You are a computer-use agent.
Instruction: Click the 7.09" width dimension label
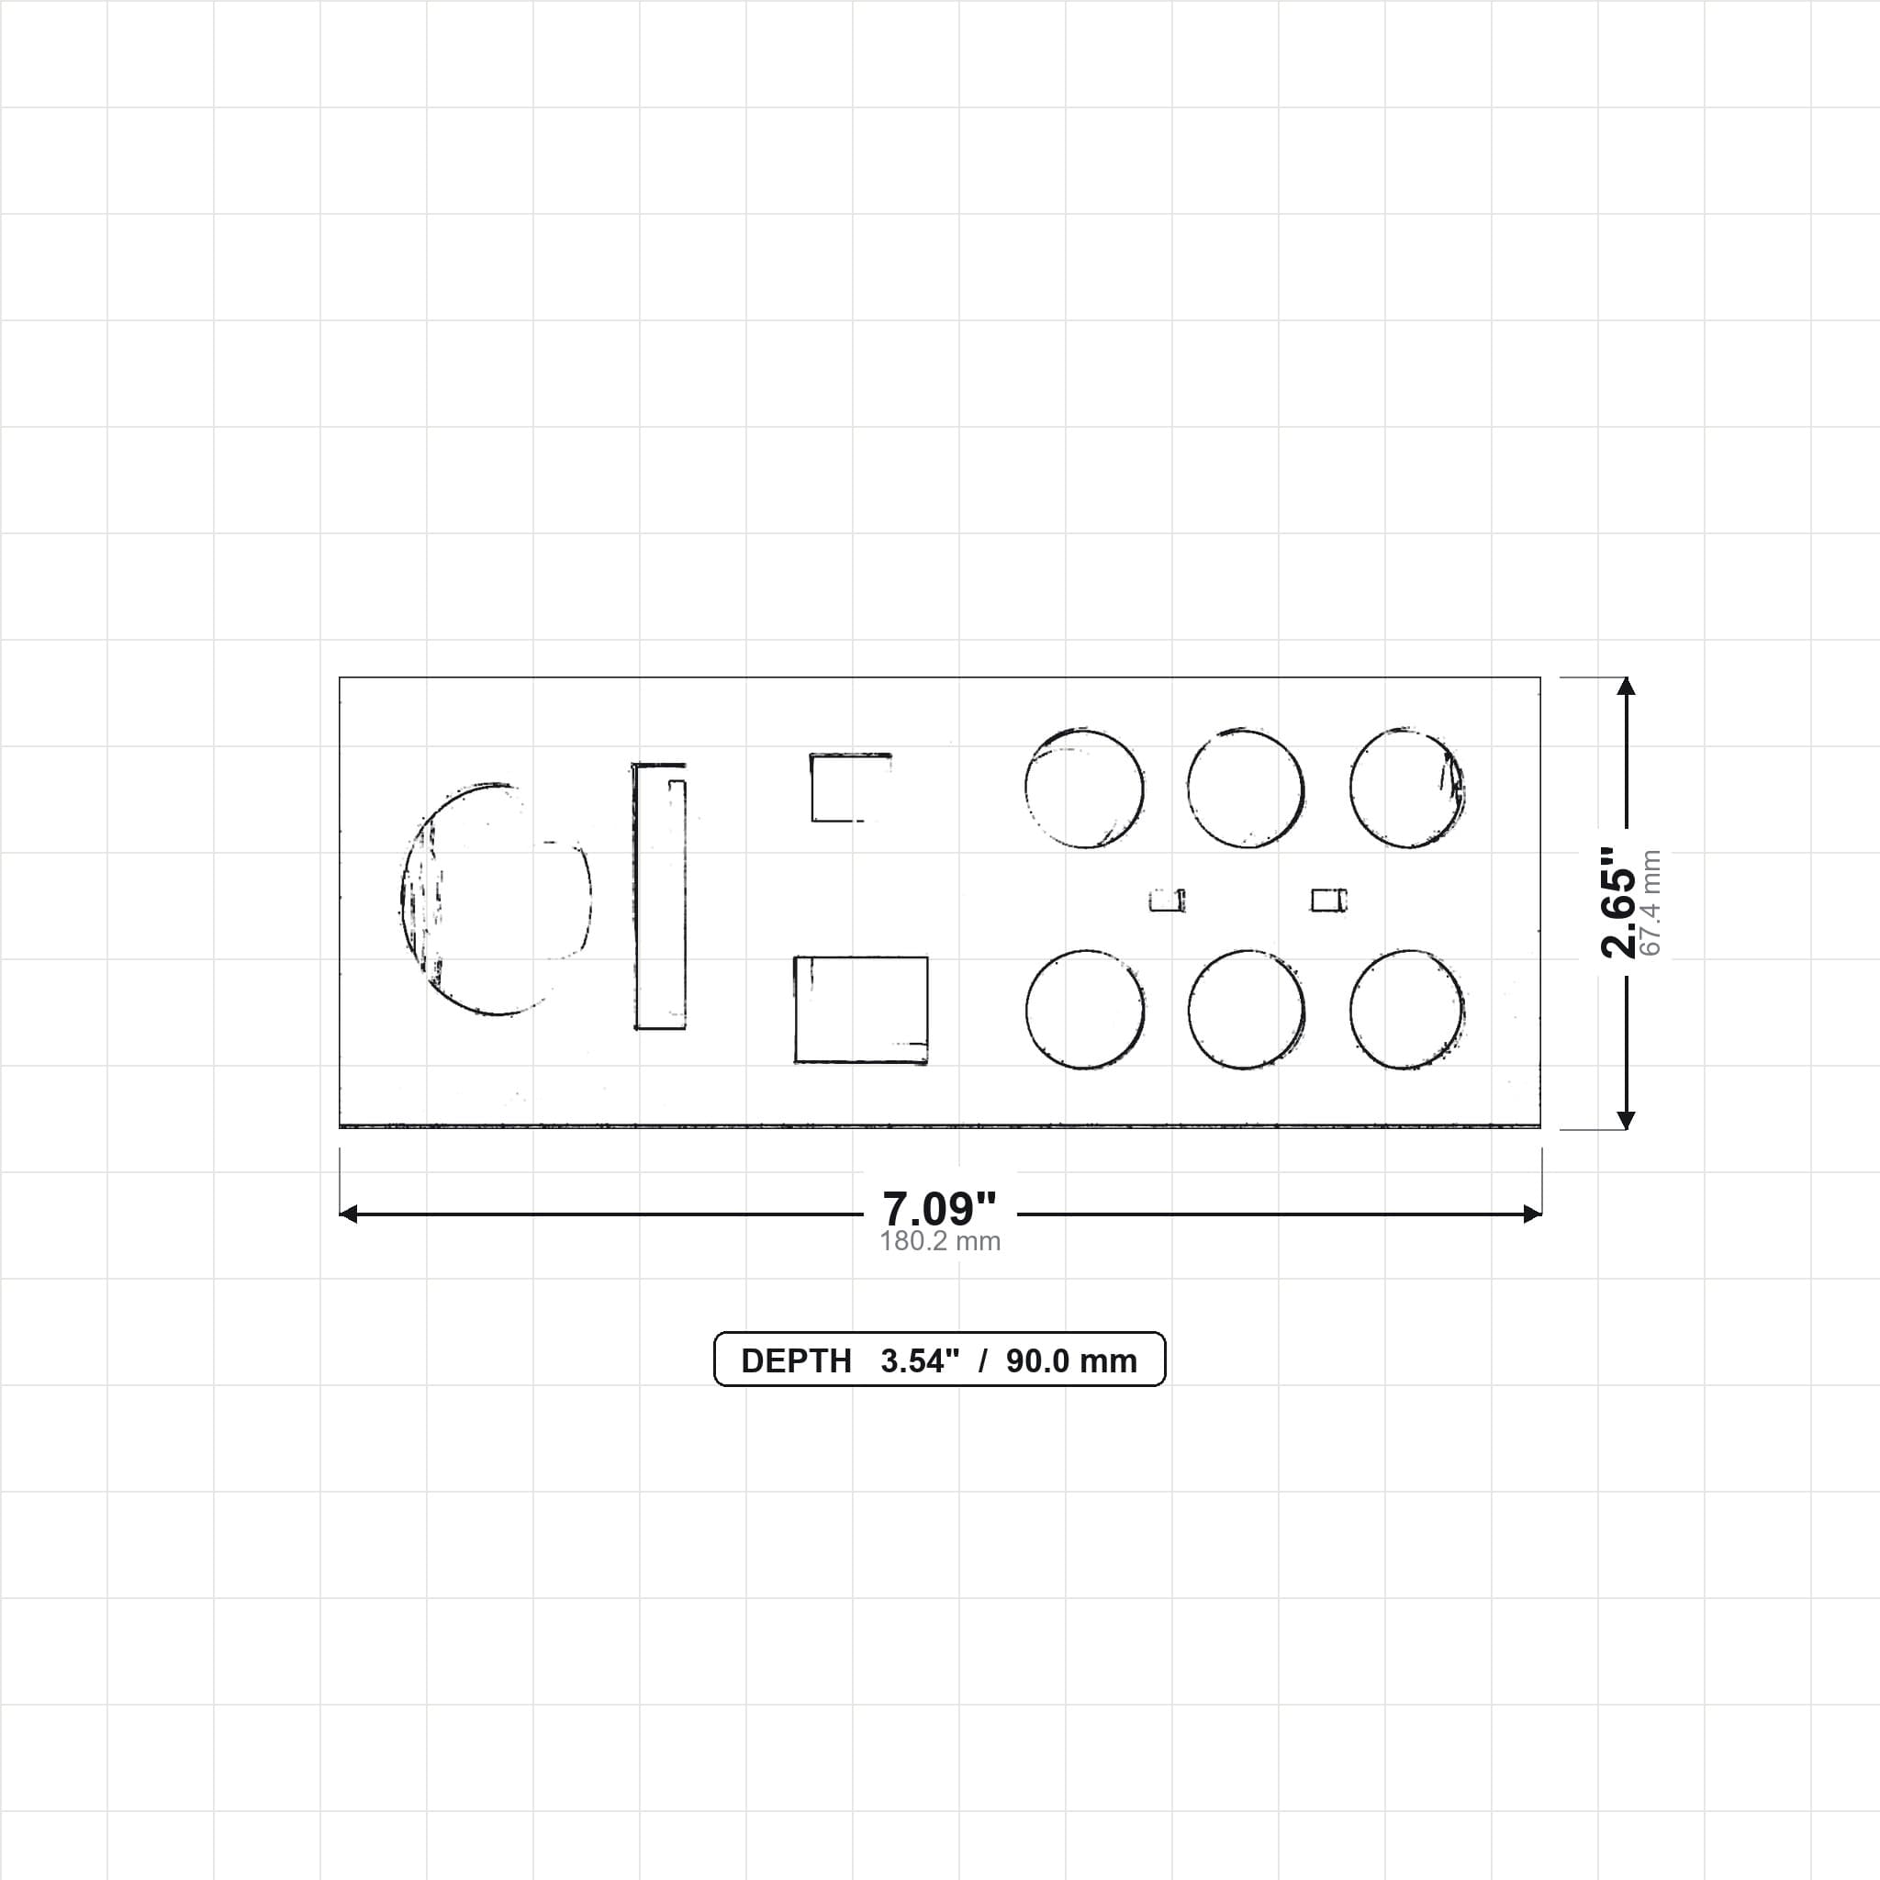[x=939, y=1210]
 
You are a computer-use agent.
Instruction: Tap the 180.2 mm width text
[x=940, y=1242]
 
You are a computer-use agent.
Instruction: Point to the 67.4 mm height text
[x=1651, y=903]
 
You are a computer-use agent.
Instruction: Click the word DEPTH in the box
[x=796, y=1360]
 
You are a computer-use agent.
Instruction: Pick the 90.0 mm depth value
[x=1071, y=1360]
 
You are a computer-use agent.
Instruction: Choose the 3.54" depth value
[x=920, y=1360]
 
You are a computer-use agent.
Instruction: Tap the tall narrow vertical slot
[x=660, y=896]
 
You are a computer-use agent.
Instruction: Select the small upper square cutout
[x=850, y=788]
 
